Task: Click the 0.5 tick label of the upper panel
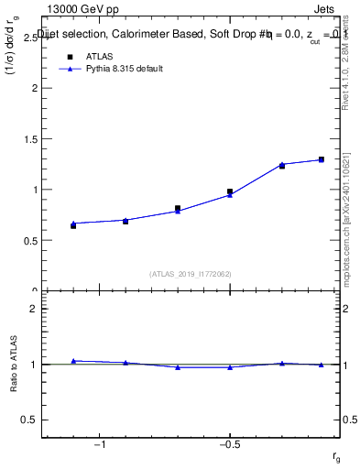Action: point(32,241)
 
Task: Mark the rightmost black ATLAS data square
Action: point(321,159)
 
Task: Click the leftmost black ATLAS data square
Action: point(73,225)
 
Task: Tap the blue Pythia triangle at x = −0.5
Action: point(230,194)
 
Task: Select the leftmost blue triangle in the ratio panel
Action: point(73,361)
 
